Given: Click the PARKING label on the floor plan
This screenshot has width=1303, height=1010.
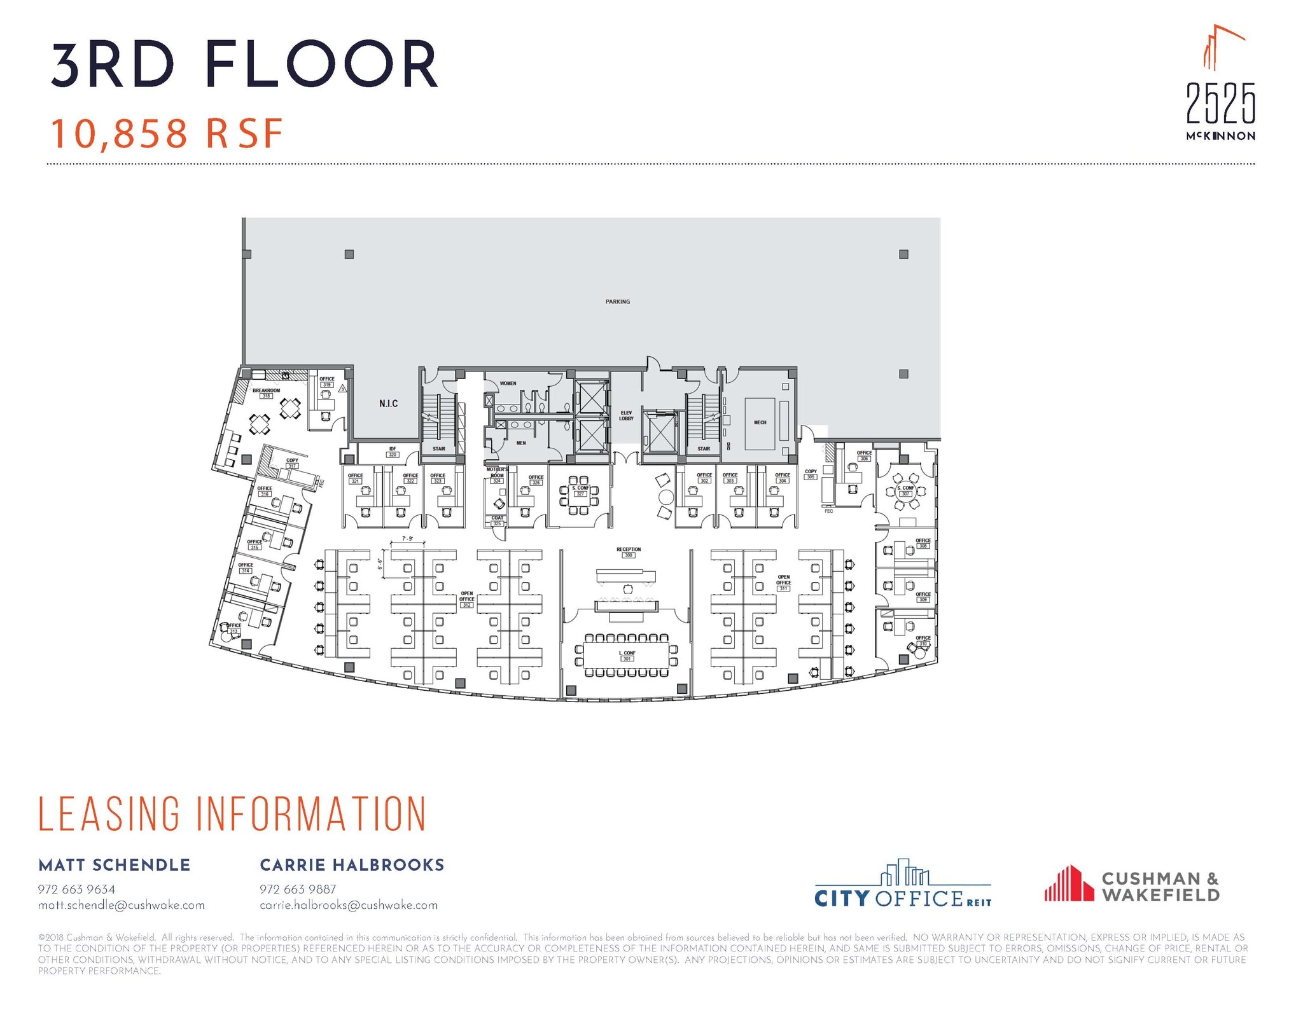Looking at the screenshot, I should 617,301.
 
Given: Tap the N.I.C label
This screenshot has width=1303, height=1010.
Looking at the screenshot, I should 388,403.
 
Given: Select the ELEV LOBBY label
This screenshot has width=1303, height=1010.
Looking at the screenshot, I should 626,415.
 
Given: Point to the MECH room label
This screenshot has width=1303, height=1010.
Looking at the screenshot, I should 760,422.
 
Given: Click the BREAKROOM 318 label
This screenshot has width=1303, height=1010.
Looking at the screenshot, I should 266,393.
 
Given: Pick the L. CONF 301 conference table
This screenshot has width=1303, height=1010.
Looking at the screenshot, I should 627,655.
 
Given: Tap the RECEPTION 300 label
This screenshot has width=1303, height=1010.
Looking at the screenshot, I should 629,551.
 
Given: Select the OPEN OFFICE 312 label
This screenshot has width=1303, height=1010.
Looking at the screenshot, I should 467,598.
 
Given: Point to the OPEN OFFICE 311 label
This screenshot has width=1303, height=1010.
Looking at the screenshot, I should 783,583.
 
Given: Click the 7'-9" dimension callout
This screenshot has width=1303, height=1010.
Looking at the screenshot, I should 407,539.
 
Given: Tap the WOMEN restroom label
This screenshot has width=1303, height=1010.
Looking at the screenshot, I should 508,384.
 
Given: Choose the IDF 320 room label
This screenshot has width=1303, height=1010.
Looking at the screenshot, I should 393,452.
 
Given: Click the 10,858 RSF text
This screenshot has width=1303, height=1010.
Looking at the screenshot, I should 167,134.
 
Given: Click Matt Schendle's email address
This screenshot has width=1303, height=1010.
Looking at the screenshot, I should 122,904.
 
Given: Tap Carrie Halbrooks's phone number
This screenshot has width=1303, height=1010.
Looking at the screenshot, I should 297,889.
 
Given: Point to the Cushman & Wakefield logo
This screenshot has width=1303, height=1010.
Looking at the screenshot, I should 1131,885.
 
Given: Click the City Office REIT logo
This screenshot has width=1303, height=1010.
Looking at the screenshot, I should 902,885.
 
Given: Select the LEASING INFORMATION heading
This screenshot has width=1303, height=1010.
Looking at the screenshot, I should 232,813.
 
